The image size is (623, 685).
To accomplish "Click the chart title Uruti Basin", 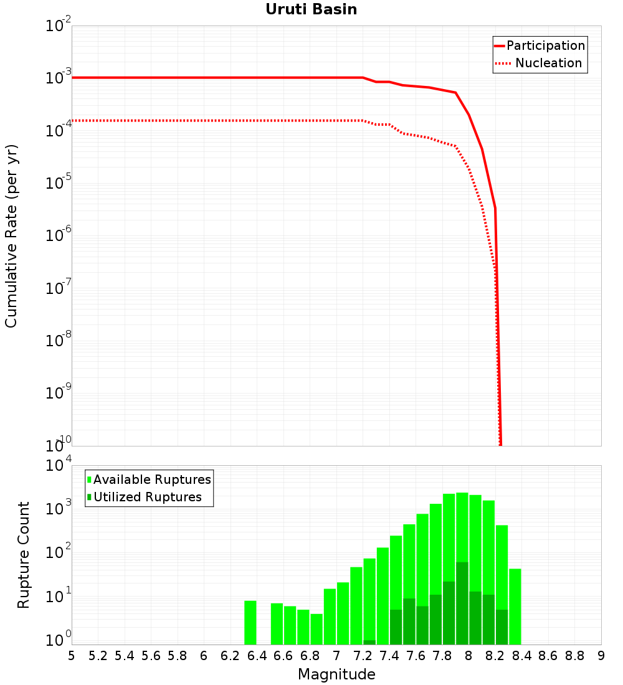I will point(311,9).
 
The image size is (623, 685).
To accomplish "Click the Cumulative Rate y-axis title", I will point(11,236).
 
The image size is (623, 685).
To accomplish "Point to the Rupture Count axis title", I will point(24,555).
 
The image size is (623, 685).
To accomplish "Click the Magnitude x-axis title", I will point(336,674).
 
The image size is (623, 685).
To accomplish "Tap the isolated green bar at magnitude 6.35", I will point(250,623).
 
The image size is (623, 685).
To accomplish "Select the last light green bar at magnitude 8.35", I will point(515,607).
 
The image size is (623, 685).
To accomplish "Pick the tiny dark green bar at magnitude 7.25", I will point(369,642).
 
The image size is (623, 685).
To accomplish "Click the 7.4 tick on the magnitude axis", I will point(389,656).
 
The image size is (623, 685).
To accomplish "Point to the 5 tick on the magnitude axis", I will point(72,656).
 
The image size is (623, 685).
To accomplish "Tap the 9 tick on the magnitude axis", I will point(601,656).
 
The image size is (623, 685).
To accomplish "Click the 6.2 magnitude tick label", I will point(231,656).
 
